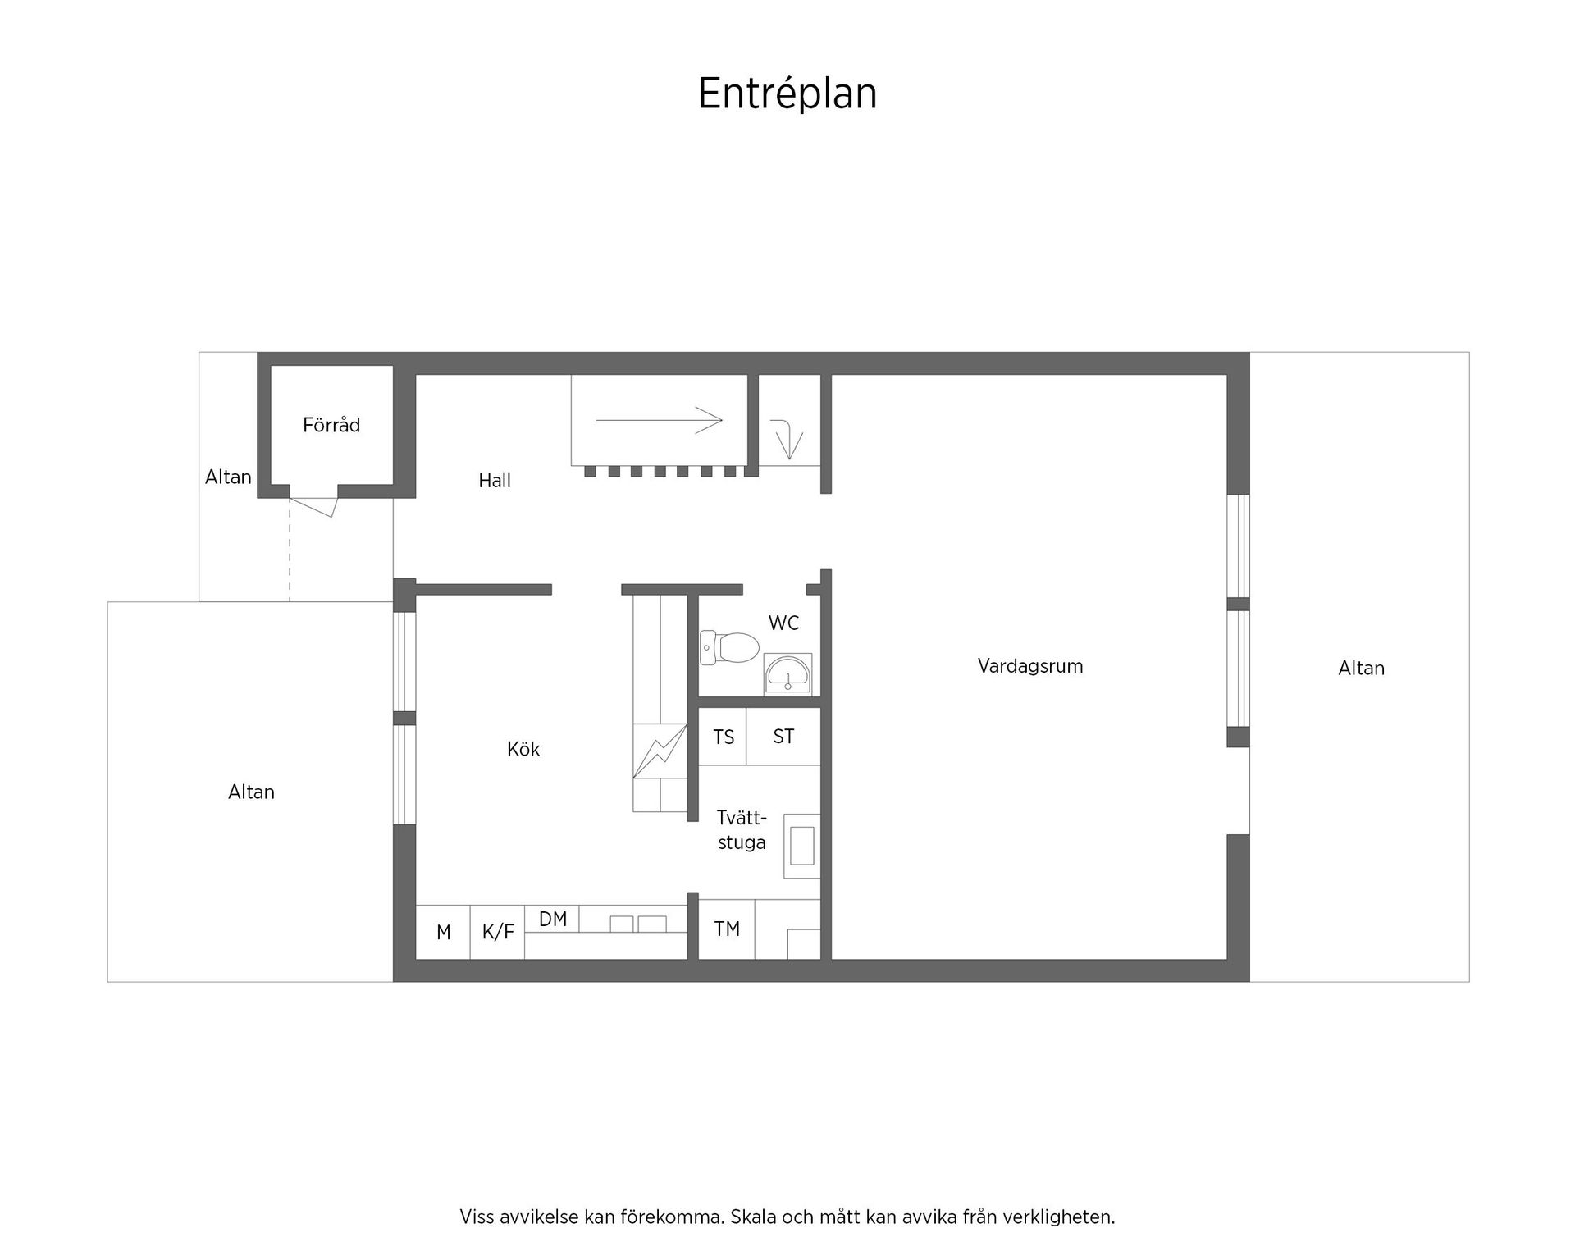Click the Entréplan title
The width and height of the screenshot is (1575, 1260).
(787, 94)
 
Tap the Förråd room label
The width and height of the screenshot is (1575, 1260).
(331, 425)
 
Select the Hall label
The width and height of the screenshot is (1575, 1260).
(495, 480)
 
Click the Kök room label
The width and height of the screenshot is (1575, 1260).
(523, 749)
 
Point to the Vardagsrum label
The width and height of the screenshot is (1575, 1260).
(1029, 666)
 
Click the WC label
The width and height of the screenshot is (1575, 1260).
(783, 623)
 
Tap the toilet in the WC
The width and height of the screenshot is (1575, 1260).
(729, 647)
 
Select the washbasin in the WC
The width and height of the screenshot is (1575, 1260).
(787, 675)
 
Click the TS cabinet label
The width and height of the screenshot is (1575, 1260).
(724, 737)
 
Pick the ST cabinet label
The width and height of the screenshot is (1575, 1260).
(783, 737)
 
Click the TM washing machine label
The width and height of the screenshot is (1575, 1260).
(727, 929)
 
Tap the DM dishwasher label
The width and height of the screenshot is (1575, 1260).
(553, 920)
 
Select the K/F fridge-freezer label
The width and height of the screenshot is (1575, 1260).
(498, 932)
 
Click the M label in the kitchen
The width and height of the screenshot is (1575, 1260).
(444, 932)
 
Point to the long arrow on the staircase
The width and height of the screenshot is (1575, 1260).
(659, 420)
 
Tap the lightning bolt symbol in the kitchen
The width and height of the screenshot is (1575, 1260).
(660, 751)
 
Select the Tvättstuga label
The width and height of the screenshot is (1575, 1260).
(742, 830)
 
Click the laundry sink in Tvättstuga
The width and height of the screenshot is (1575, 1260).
(801, 846)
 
